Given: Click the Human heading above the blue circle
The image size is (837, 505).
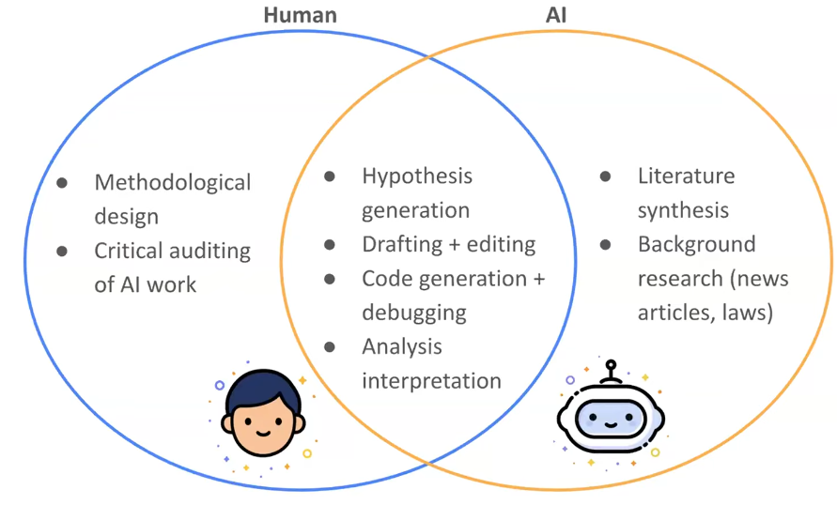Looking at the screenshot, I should tap(300, 15).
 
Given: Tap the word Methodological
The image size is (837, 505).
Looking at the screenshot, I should tap(173, 182).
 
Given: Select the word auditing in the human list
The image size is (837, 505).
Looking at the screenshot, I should tap(207, 251).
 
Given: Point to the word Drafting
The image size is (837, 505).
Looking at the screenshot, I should tap(402, 244).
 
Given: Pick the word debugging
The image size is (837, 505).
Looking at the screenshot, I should tap(414, 312).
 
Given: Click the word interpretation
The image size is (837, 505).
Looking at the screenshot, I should tap(431, 380).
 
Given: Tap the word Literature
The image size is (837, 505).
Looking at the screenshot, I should tap(686, 176).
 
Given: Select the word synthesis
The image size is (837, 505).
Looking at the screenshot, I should tap(683, 210).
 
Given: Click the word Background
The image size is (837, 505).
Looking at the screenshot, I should tap(696, 244).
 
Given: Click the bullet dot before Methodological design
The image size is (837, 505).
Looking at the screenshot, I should tap(62, 182).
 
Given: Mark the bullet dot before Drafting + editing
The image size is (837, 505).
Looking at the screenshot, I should tap(330, 244).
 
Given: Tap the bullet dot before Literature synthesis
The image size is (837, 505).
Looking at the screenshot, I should tap(606, 176).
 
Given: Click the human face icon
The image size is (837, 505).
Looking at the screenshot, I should tap(262, 417).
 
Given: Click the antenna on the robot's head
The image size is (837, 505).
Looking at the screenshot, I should tap(612, 368).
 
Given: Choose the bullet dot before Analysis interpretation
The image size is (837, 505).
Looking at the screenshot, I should tap(330, 346).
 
